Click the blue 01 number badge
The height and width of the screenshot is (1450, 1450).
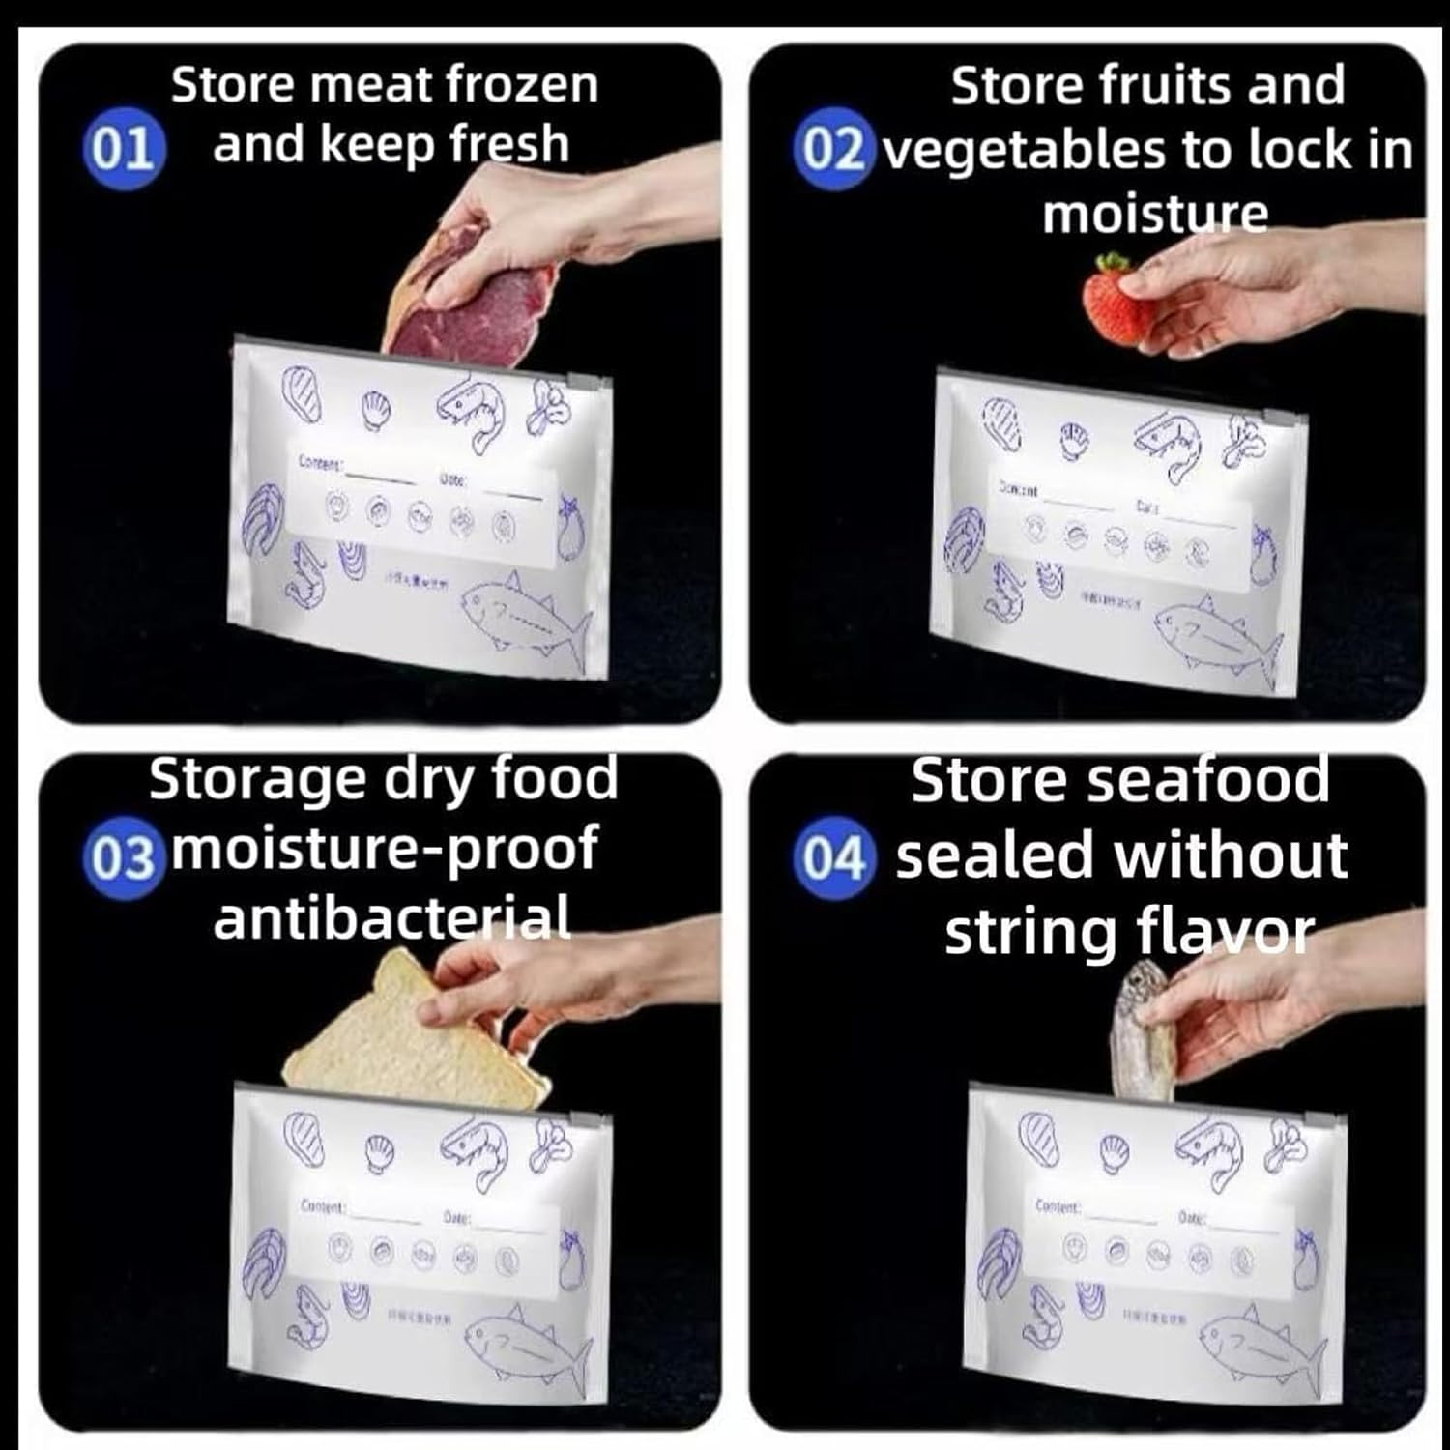[124, 151]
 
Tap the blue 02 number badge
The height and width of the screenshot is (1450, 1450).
[832, 151]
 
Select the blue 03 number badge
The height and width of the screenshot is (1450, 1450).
[121, 858]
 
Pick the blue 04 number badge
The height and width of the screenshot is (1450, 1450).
[833, 858]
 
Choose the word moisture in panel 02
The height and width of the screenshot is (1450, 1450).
[1155, 214]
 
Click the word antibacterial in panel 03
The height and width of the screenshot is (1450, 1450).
[391, 917]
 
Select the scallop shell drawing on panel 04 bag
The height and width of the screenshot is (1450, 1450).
[1116, 1150]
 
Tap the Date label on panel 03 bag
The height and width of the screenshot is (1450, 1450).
[456, 1217]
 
